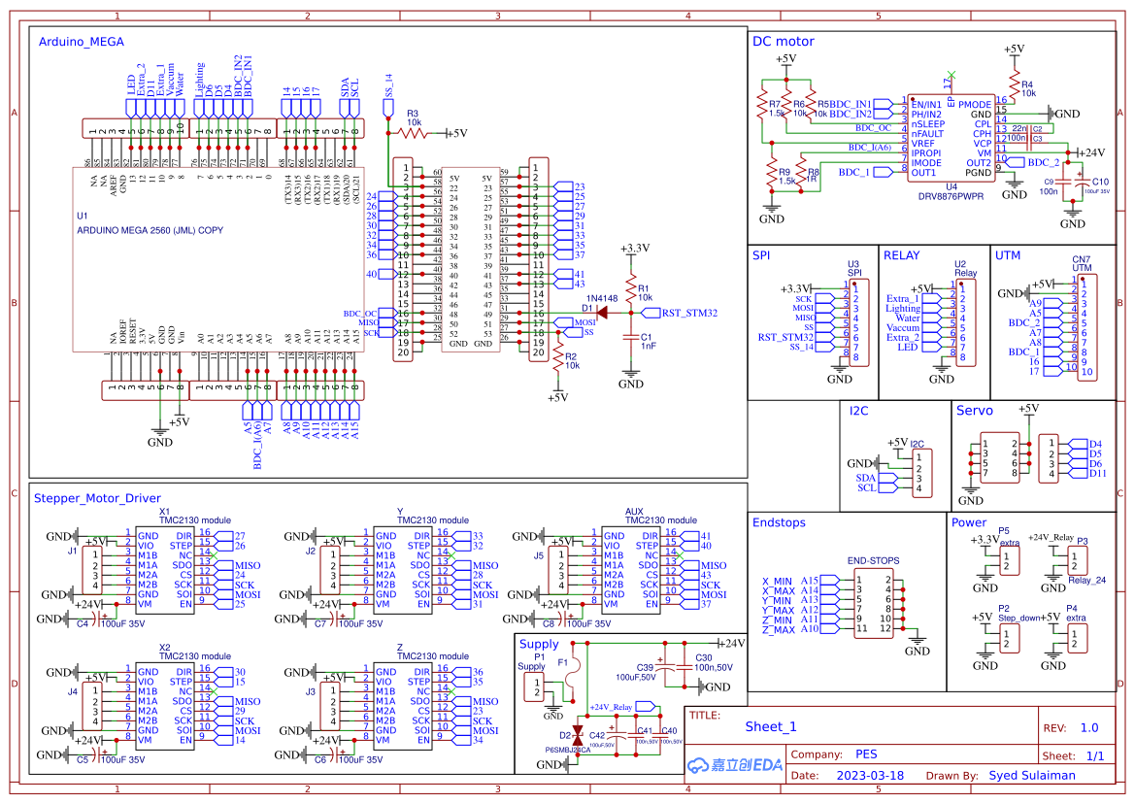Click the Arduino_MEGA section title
pyautogui.click(x=81, y=42)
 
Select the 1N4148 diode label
pyautogui.click(x=602, y=298)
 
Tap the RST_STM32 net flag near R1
pyautogui.click(x=688, y=313)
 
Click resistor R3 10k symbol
pyautogui.click(x=414, y=134)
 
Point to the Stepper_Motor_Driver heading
pyautogui.click(x=96, y=498)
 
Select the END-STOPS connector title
pyautogui.click(x=873, y=560)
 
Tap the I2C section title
pyautogui.click(x=858, y=411)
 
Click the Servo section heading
pyautogui.click(x=975, y=411)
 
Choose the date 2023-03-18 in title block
pyautogui.click(x=870, y=776)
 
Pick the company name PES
pyautogui.click(x=866, y=754)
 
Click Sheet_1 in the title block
pyautogui.click(x=771, y=726)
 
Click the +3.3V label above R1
pyautogui.click(x=633, y=249)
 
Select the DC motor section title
pyautogui.click(x=783, y=41)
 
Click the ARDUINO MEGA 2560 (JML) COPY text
pyautogui.click(x=150, y=230)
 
